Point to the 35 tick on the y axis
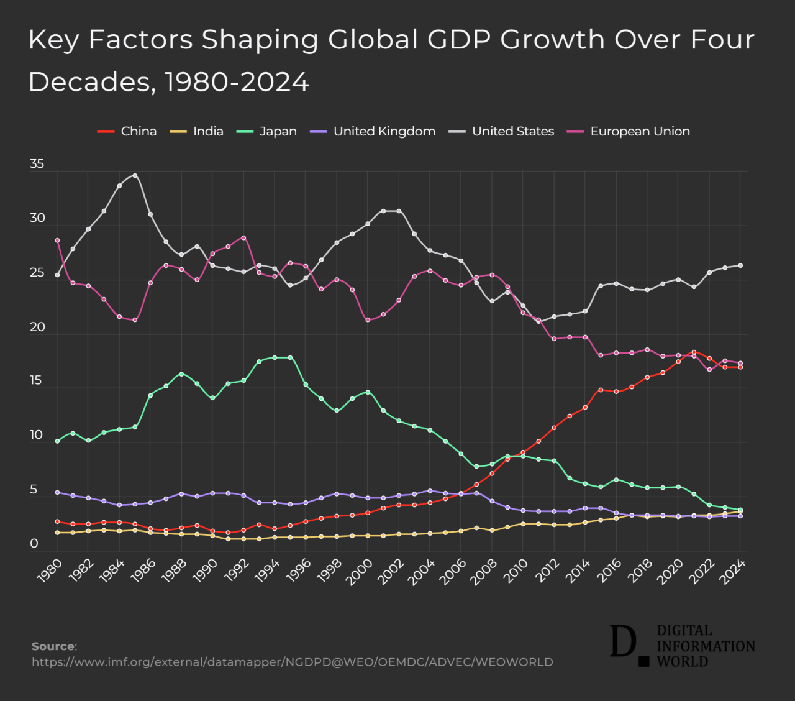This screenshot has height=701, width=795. point(37,164)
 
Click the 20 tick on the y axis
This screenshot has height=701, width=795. point(37,327)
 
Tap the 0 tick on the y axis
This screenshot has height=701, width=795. point(34,544)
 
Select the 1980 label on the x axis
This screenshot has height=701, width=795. point(50,570)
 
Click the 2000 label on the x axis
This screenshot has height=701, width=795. point(360,570)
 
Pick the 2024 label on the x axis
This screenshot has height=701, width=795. point(733,570)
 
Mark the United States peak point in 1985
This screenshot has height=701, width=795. point(135,175)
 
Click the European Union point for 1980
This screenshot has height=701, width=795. point(57,241)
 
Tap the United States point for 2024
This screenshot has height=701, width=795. point(740,265)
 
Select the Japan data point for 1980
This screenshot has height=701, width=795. point(57,441)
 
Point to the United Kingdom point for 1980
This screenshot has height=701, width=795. point(57,492)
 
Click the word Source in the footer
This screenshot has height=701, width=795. point(53,646)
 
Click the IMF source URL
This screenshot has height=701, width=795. point(292,662)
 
